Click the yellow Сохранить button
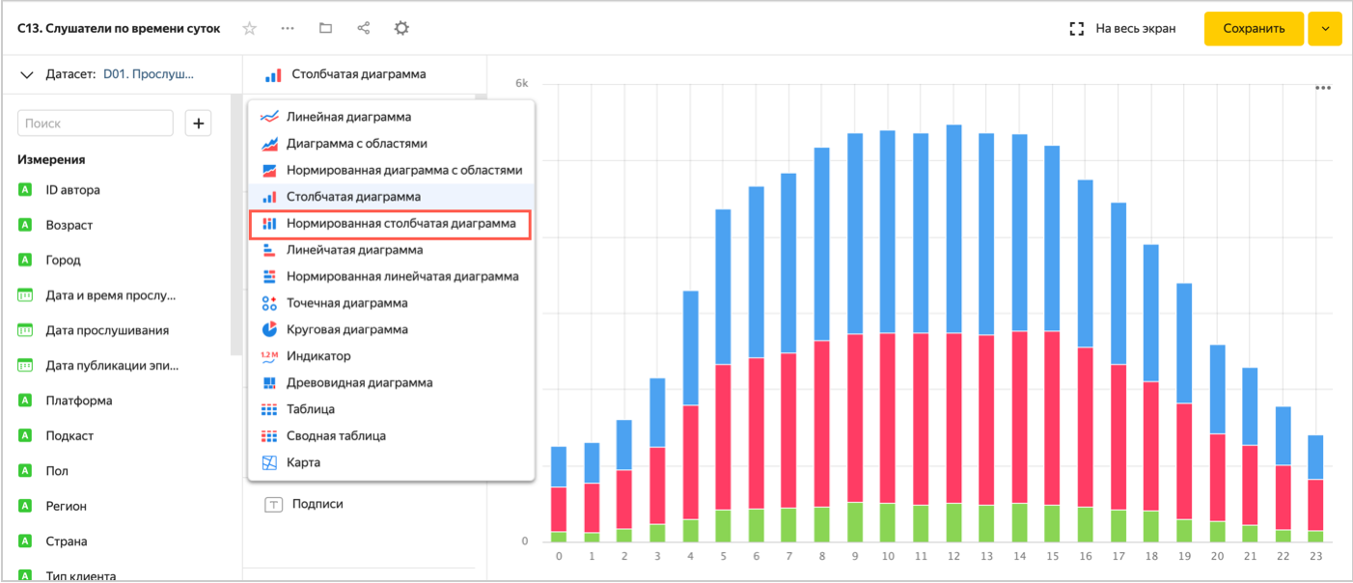(1253, 29)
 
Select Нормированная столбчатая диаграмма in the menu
(400, 223)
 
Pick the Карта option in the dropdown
(303, 462)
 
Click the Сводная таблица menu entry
(336, 435)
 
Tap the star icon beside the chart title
(250, 29)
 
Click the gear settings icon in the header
(401, 29)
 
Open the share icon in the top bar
(364, 29)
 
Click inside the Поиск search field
(96, 124)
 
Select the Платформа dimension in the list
(78, 401)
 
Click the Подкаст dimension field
(69, 435)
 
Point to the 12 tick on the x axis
(953, 557)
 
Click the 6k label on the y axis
(521, 83)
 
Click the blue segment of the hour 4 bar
(690, 347)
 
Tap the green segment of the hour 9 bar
(855, 521)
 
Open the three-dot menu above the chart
(1323, 88)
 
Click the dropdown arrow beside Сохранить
(1325, 29)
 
